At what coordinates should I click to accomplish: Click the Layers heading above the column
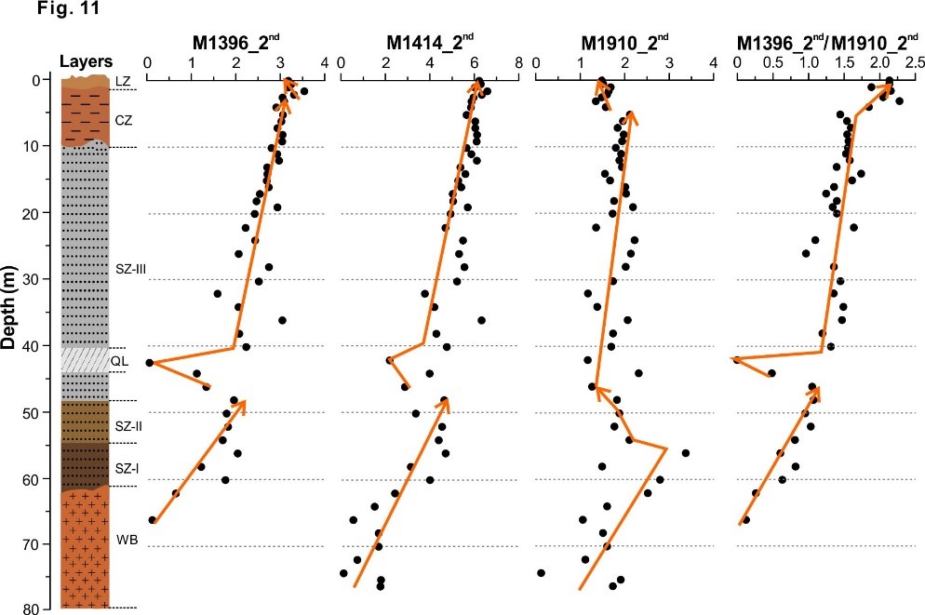[x=86, y=61]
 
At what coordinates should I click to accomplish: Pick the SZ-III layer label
[x=130, y=269]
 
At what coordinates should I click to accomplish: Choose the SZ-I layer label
[x=127, y=470]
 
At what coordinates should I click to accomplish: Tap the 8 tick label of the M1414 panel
[x=518, y=61]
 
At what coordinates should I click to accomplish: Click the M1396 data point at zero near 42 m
[x=149, y=362]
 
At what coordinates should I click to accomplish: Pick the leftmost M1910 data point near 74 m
[x=541, y=572]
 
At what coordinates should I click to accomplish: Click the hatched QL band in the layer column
[x=85, y=358]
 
